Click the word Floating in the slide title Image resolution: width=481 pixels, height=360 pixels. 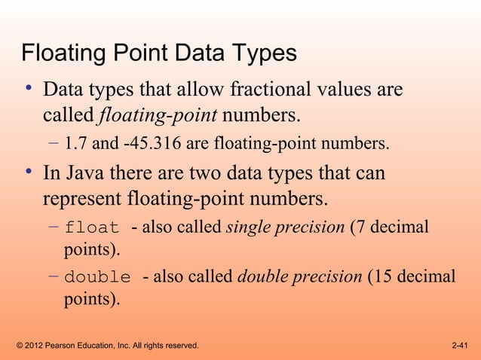(x=65, y=56)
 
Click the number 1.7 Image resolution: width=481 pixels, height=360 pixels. (x=75, y=142)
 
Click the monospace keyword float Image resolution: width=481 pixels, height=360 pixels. (x=92, y=228)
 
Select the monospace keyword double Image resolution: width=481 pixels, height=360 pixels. (x=97, y=276)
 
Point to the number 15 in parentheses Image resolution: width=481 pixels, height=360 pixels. (x=383, y=276)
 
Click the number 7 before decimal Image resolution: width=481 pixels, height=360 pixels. (x=359, y=227)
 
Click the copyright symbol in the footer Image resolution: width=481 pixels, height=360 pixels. (x=19, y=346)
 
